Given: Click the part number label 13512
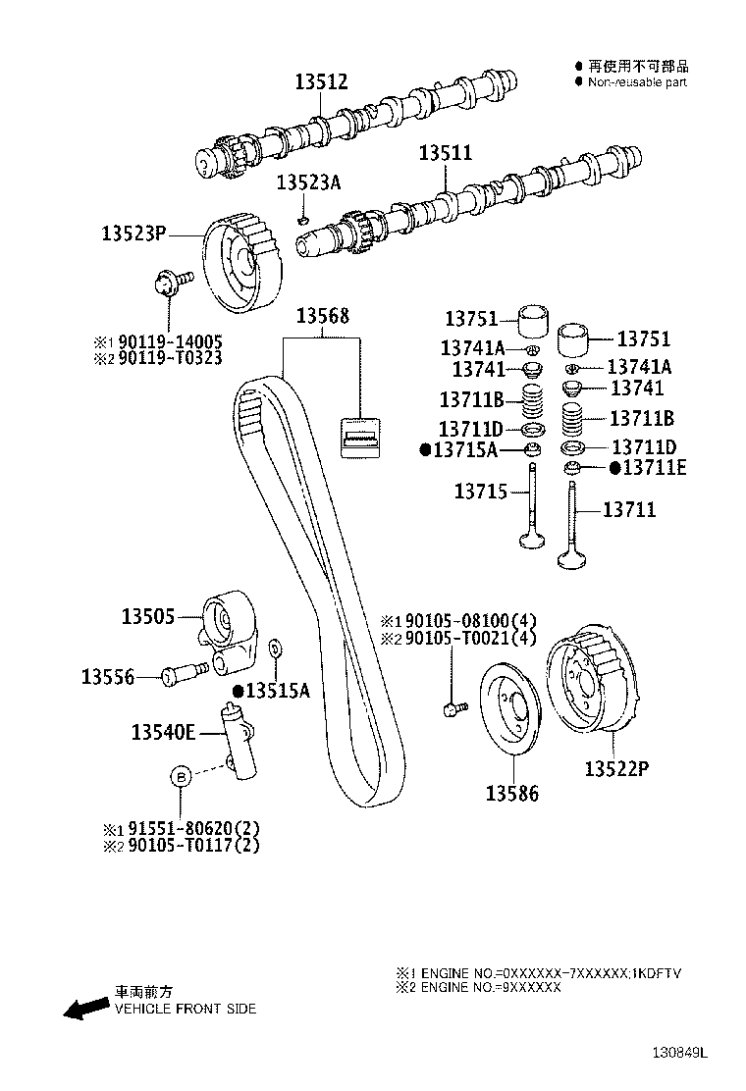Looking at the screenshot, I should click(x=321, y=83).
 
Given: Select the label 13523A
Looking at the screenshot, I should click(x=308, y=182).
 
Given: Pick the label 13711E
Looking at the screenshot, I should click(x=647, y=468).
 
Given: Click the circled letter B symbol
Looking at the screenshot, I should click(x=181, y=776).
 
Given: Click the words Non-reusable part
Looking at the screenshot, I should click(x=637, y=82).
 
